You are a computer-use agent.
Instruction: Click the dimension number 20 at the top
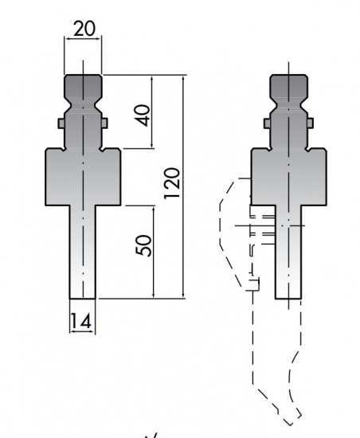(84, 29)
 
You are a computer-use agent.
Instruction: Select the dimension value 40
(143, 115)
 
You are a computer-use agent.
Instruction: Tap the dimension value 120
(171, 183)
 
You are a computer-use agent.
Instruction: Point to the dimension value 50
(143, 245)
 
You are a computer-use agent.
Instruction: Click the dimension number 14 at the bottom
(80, 321)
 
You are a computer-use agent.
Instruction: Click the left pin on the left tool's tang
(61, 123)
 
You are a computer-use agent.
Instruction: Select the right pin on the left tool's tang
(104, 123)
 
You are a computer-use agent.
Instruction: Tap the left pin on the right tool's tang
(267, 123)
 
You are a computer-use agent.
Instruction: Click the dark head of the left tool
(83, 86)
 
